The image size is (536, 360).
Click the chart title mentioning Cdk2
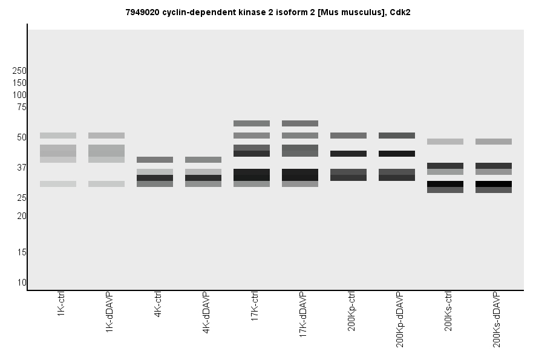coord(268,11)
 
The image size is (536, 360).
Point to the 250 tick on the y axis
coord(19,71)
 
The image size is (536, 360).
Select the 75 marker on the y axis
coord(22,107)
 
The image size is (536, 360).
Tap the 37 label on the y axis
coord(22,168)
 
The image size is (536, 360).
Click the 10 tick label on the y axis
coord(22,283)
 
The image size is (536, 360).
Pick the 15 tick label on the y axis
coord(22,252)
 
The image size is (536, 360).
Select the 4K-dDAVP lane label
coord(206,313)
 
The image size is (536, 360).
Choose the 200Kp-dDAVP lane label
coord(400,319)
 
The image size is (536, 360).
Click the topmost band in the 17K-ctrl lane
coord(252,123)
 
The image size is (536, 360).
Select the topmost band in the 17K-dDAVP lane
coord(300,123)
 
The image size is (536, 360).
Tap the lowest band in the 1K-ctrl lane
coord(58,184)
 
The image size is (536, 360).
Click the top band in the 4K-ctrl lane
coord(155,160)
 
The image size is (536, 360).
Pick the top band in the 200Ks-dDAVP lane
coord(494,142)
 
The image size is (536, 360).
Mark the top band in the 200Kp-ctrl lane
coord(348,136)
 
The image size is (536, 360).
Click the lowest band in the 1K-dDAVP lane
coord(106,184)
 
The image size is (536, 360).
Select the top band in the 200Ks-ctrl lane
coord(445,142)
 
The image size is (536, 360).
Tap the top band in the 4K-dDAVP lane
coord(203,160)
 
